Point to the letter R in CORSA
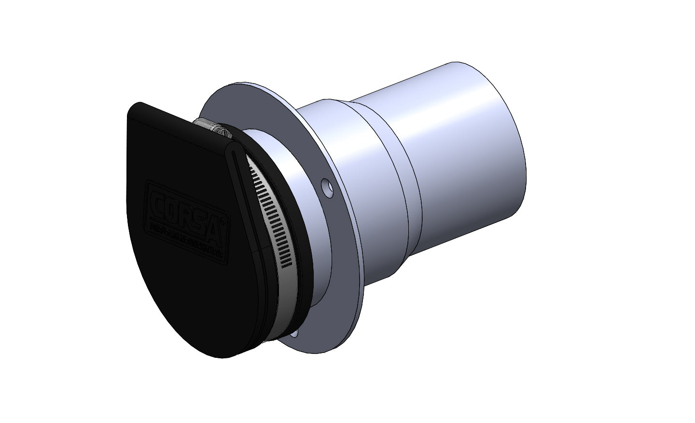186,217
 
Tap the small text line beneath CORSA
186,239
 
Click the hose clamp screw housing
216,129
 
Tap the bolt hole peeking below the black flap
295,334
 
